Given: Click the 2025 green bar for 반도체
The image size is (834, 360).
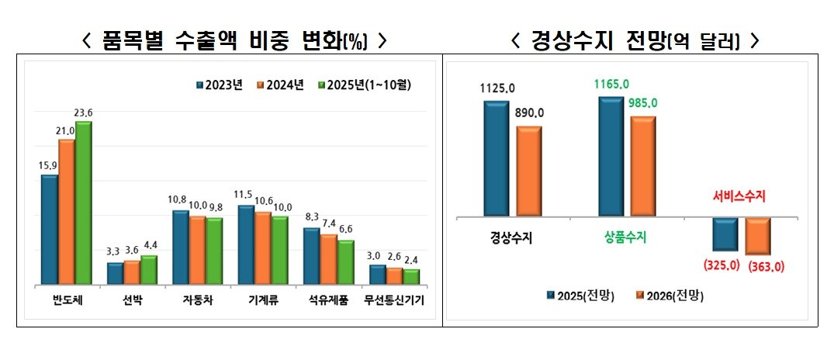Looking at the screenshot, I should [83, 203].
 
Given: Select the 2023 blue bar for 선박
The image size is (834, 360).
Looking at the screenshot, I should [115, 274].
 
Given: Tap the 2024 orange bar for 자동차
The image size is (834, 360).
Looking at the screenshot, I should [198, 250].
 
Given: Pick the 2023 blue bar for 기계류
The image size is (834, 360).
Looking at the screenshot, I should [246, 245].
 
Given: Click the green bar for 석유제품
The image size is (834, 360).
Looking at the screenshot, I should [345, 262].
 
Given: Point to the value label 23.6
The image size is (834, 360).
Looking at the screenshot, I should [83, 113].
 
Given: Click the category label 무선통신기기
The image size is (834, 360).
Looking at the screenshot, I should [395, 301].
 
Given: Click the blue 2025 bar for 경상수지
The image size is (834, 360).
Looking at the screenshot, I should [496, 158].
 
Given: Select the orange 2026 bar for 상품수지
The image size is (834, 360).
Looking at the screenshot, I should [643, 166].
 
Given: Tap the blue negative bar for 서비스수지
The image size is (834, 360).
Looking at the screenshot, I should [725, 234].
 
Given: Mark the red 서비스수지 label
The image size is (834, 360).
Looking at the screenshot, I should [739, 197].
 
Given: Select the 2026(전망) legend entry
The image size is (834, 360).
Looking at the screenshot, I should [670, 296].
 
